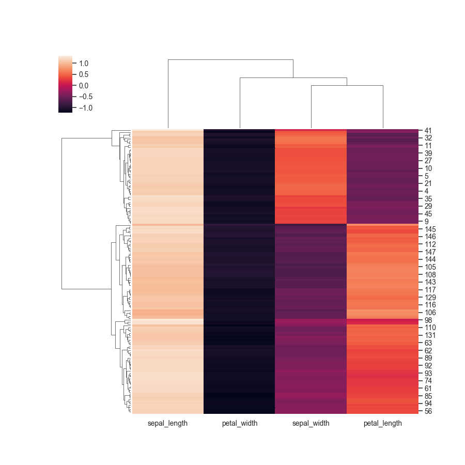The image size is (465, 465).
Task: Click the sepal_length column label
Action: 168,423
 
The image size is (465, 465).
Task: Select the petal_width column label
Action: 239,423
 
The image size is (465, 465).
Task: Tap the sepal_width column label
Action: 311,423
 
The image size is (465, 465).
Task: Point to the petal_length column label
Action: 382,423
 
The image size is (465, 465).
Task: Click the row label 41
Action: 428,131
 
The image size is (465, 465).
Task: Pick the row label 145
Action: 430,229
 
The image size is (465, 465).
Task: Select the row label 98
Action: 428,320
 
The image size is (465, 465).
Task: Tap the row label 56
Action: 428,411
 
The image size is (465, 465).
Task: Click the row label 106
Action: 430,313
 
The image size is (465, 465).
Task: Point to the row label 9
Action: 427,221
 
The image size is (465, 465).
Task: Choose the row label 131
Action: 430,335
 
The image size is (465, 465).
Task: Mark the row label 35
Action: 428,198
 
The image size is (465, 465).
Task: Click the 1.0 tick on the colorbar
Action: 84,64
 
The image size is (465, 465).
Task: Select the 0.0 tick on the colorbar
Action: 84,86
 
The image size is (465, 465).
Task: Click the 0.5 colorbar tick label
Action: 84,74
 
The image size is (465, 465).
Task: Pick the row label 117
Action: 430,290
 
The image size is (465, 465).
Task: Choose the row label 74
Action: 428,381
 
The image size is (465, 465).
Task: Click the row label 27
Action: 428,161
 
